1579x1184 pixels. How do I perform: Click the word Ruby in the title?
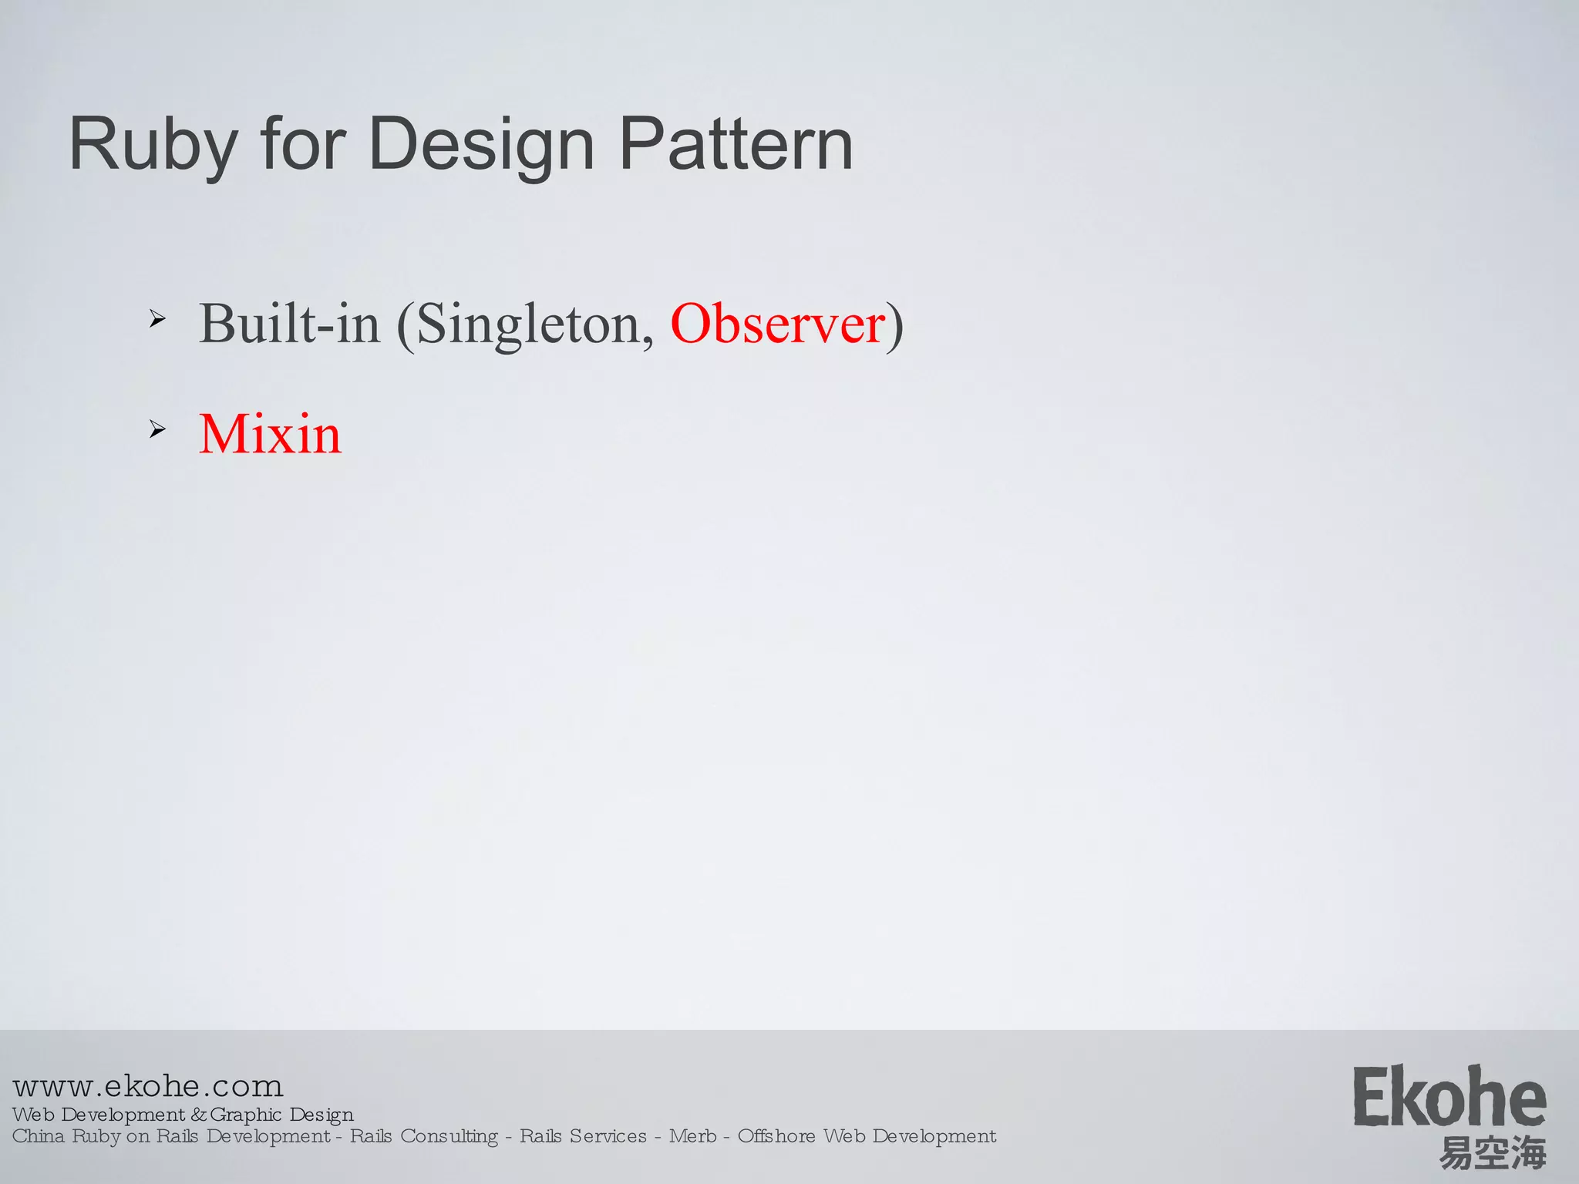pos(153,145)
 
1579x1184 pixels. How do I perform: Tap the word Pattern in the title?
pos(736,145)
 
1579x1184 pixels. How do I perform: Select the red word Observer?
pos(777,324)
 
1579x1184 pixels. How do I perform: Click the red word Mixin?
pos(270,434)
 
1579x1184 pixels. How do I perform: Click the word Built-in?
pos(289,324)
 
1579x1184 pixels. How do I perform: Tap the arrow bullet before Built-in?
pos(157,318)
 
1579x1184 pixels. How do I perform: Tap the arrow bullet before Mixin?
pos(157,429)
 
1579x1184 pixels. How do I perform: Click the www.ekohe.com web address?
pos(148,1086)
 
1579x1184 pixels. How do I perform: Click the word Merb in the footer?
pos(692,1136)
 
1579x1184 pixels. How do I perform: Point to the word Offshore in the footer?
pos(776,1136)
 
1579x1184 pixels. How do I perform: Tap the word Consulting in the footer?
pos(449,1136)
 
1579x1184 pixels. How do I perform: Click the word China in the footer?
pos(39,1136)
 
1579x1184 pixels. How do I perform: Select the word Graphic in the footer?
pos(246,1115)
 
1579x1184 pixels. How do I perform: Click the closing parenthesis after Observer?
pos(894,325)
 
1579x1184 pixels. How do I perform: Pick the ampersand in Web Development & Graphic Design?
pos(199,1115)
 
